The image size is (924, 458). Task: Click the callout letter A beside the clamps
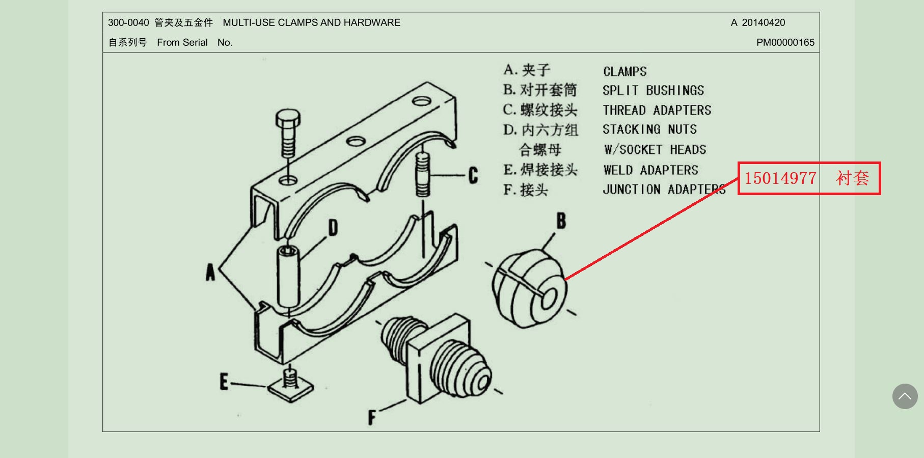pyautogui.click(x=210, y=273)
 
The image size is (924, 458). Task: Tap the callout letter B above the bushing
pyautogui.click(x=561, y=221)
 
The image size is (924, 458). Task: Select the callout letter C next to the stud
pyautogui.click(x=473, y=175)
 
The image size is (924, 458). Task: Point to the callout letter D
pyautogui.click(x=333, y=228)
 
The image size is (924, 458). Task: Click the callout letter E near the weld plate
pyautogui.click(x=224, y=382)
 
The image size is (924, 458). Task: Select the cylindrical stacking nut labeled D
pyautogui.click(x=288, y=275)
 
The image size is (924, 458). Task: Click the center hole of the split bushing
pyautogui.click(x=549, y=299)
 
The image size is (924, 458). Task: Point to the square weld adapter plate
pyautogui.click(x=290, y=389)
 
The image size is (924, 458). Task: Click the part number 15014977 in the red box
pyautogui.click(x=780, y=178)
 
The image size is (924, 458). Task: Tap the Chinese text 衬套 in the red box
pyautogui.click(x=852, y=178)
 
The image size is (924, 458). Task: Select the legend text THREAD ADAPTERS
pyautogui.click(x=657, y=110)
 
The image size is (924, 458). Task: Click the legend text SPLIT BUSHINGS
pyautogui.click(x=653, y=91)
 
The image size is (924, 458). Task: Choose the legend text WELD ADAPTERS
pyautogui.click(x=650, y=170)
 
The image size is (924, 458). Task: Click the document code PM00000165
pyautogui.click(x=785, y=42)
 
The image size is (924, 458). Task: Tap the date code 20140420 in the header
pyautogui.click(x=763, y=22)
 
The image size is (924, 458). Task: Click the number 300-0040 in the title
pyautogui.click(x=128, y=22)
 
